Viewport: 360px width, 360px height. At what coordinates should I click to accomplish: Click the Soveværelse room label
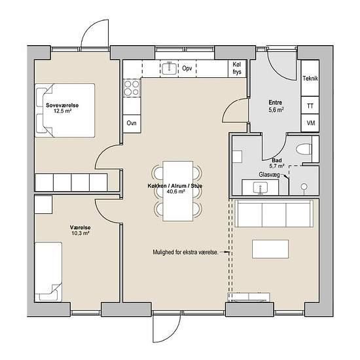pyautogui.click(x=62, y=105)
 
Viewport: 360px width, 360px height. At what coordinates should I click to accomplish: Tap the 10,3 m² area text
pyautogui.click(x=80, y=234)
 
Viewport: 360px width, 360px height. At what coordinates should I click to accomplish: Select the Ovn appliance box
pyautogui.click(x=132, y=124)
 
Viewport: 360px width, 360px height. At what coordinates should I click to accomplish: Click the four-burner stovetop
pyautogui.click(x=132, y=88)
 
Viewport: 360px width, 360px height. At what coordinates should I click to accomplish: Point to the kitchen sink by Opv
pyautogui.click(x=170, y=68)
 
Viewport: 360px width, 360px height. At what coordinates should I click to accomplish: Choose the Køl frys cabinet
pyautogui.click(x=237, y=69)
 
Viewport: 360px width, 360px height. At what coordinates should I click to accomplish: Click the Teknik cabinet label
pyautogui.click(x=310, y=79)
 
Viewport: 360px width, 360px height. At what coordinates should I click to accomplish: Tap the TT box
pyautogui.click(x=310, y=105)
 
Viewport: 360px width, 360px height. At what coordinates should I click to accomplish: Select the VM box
pyautogui.click(x=310, y=123)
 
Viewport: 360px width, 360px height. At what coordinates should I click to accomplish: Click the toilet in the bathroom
pyautogui.click(x=304, y=149)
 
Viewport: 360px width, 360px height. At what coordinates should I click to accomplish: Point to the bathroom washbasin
pyautogui.click(x=261, y=188)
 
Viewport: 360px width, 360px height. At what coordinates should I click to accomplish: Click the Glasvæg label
pyautogui.click(x=269, y=175)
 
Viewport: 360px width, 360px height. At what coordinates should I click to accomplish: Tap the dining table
pyautogui.click(x=177, y=191)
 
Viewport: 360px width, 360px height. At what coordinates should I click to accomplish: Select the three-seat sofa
pyautogui.click(x=274, y=213)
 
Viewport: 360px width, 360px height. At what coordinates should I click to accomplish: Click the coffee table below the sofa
pyautogui.click(x=270, y=249)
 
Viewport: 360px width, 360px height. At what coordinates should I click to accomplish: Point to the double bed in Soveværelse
pyautogui.click(x=65, y=111)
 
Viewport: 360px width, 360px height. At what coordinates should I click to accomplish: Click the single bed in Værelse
pyautogui.click(x=48, y=272)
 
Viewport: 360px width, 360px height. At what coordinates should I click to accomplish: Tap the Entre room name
pyautogui.click(x=276, y=103)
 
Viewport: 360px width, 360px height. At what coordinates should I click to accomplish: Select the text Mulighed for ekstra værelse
pyautogui.click(x=185, y=252)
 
